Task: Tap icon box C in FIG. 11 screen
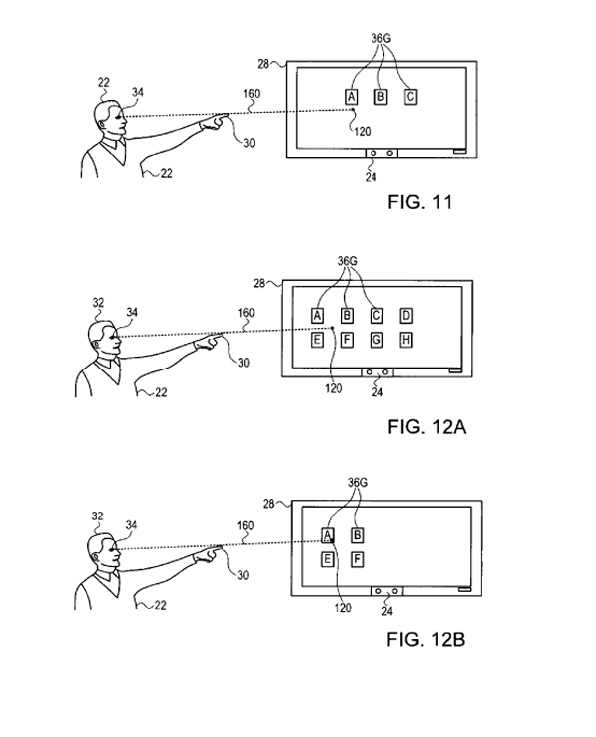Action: pyautogui.click(x=410, y=96)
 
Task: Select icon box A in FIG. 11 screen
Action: pyautogui.click(x=351, y=96)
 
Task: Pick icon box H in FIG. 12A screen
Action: pyautogui.click(x=406, y=341)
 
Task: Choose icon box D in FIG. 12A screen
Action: pyautogui.click(x=406, y=316)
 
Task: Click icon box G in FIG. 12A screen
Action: pyautogui.click(x=376, y=341)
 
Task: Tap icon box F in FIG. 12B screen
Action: pyautogui.click(x=358, y=560)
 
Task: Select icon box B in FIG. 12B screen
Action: pyautogui.click(x=358, y=535)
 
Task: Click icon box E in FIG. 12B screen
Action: pyautogui.click(x=326, y=560)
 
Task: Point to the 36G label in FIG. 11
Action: pyautogui.click(x=380, y=39)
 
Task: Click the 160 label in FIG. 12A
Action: pyautogui.click(x=245, y=313)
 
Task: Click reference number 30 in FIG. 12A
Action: pyautogui.click(x=244, y=363)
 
